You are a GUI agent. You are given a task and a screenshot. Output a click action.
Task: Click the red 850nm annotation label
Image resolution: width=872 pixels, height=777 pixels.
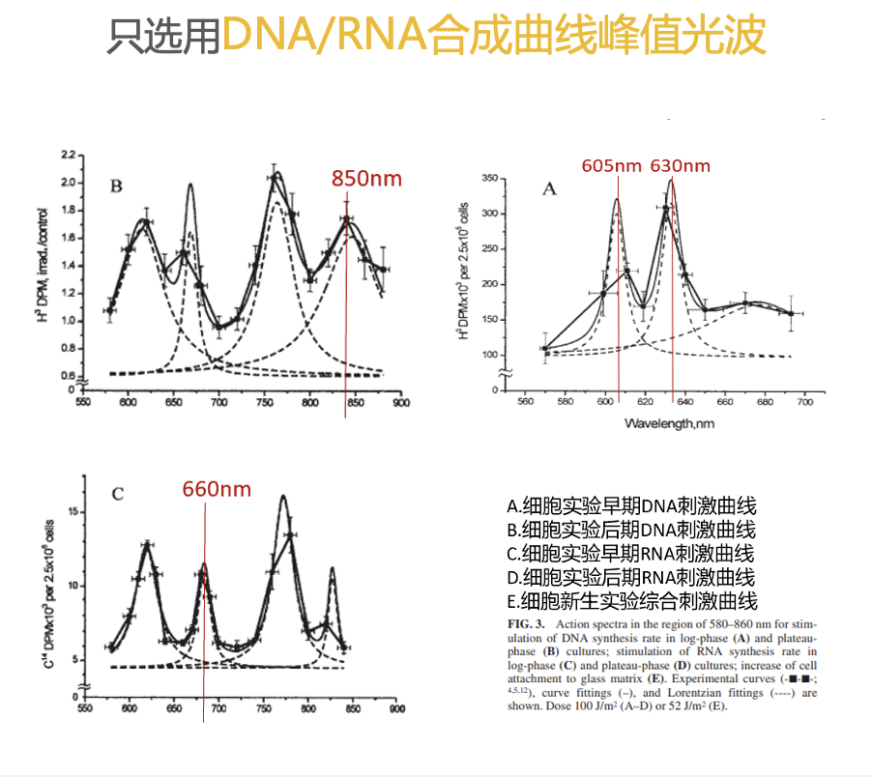(x=365, y=179)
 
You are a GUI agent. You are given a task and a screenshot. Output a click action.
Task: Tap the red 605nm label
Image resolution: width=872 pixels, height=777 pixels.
(x=611, y=166)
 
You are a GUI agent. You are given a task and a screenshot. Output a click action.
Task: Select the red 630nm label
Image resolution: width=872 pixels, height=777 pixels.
(x=680, y=166)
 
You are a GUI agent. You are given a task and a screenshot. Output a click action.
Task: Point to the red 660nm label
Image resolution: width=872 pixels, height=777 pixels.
(x=217, y=490)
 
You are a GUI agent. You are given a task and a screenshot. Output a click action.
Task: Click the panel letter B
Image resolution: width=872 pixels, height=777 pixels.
(x=115, y=187)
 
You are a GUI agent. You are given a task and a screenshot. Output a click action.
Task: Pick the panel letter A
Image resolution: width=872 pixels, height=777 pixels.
(x=549, y=188)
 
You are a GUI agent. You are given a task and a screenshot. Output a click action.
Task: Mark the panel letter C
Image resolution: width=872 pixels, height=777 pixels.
(x=117, y=495)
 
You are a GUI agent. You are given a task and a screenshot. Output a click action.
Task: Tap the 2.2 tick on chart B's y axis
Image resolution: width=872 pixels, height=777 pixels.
(x=68, y=155)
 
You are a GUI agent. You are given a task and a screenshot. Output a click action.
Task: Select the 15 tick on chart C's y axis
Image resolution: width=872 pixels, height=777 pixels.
(x=70, y=512)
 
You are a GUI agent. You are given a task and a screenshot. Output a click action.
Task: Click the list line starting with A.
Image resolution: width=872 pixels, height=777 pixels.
(x=630, y=505)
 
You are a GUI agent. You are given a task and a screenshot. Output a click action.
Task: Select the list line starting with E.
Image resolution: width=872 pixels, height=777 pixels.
(x=630, y=601)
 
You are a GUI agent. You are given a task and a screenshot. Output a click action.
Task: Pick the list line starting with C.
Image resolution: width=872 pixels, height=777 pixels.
(x=630, y=554)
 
